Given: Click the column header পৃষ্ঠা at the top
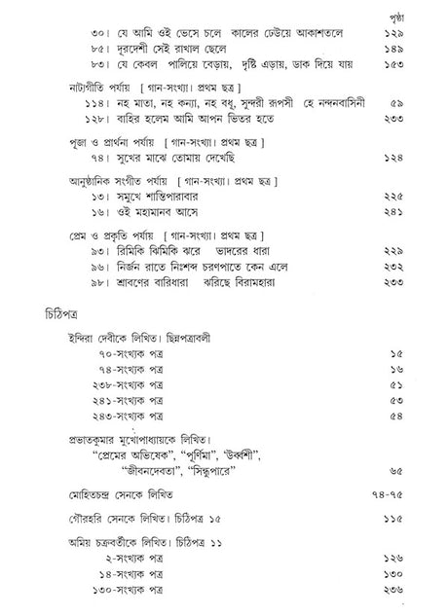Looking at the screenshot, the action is click(x=414, y=17).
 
